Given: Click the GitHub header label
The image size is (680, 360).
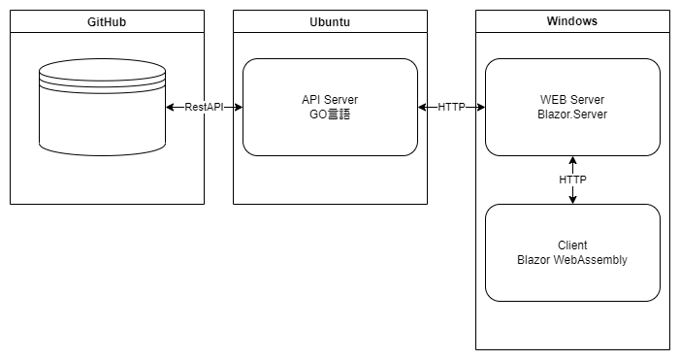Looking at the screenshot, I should click(x=107, y=20).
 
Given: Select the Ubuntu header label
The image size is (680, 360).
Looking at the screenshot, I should click(x=330, y=20).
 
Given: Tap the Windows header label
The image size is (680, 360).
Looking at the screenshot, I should click(x=572, y=20).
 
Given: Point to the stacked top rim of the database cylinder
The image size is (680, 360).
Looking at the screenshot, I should click(x=102, y=73).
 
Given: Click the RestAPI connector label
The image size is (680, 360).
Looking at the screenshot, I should click(x=204, y=107).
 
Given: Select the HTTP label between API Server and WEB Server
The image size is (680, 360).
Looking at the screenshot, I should click(x=451, y=107).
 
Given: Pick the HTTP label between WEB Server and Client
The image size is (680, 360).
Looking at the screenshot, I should click(x=572, y=180).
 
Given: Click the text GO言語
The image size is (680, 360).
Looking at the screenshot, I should click(x=330, y=115).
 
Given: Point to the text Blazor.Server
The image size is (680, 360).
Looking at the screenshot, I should click(x=572, y=115).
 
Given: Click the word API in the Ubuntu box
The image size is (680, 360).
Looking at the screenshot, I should click(x=311, y=100).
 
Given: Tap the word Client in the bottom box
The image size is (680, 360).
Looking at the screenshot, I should click(x=572, y=245).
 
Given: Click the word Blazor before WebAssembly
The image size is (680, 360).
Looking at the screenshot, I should click(x=534, y=260).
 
